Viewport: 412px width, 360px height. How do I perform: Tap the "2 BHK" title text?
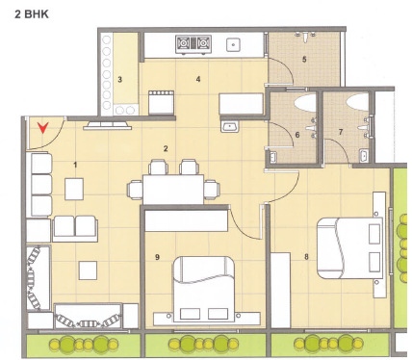coord(32,14)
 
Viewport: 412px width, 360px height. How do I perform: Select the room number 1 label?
coord(75,165)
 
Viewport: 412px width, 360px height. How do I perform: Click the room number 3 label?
coord(120,79)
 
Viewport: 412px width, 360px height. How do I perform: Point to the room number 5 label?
coord(304,60)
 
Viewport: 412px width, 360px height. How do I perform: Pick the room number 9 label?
coord(157,257)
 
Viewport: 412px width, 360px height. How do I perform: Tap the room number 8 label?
coord(306,257)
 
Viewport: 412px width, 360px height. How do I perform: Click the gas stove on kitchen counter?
coord(193,44)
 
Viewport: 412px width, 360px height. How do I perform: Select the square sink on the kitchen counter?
coord(233,44)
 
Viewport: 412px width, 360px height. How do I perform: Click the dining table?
coord(173,190)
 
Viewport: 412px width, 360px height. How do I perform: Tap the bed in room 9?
coord(203,289)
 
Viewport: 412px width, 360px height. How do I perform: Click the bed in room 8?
coord(349,248)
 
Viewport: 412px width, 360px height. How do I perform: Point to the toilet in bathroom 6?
coord(305,102)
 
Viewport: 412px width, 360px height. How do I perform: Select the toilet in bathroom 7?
coord(357,99)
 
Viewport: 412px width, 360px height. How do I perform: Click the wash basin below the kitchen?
coord(229,126)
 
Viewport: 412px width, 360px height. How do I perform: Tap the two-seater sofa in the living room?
coord(75,228)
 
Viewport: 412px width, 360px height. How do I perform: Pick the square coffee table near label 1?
coord(74,189)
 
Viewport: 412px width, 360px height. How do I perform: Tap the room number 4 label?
coord(198,79)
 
